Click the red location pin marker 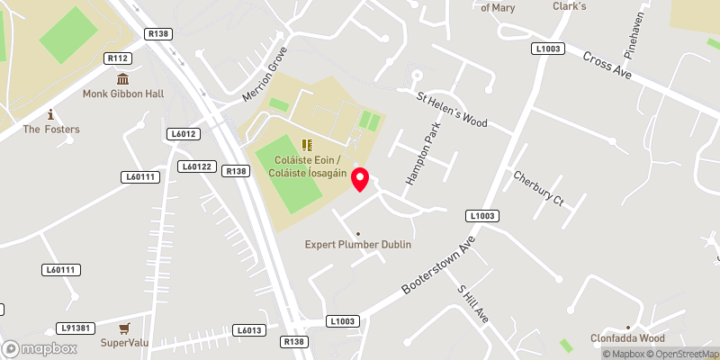tap(360, 178)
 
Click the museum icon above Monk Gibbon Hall tap(121, 78)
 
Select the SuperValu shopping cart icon tap(124, 328)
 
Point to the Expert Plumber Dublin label tap(357, 245)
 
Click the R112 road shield tap(118, 58)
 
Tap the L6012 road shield tap(183, 134)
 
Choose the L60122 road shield tap(195, 166)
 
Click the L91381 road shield tap(75, 328)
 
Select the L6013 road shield tap(249, 331)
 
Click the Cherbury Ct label tap(538, 188)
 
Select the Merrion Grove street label tap(264, 73)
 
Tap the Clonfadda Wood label tap(627, 338)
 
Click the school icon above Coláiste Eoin tap(307, 144)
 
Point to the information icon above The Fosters tap(51, 114)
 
